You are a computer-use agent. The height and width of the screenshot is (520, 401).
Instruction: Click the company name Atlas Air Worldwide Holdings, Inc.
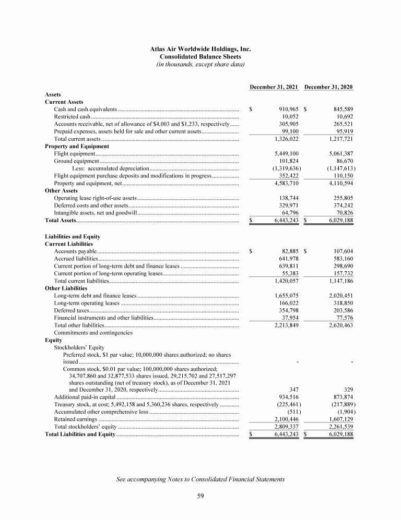[200, 48]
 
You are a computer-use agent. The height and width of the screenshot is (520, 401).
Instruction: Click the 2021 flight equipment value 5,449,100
[282, 154]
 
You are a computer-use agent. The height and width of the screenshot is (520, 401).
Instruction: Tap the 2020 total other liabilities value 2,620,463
[338, 325]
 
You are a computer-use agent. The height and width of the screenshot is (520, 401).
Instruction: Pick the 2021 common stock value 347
[293, 390]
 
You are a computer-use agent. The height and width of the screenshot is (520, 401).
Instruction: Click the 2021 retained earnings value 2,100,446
[282, 419]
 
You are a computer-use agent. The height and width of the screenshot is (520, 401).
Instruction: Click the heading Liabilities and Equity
[73, 236]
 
